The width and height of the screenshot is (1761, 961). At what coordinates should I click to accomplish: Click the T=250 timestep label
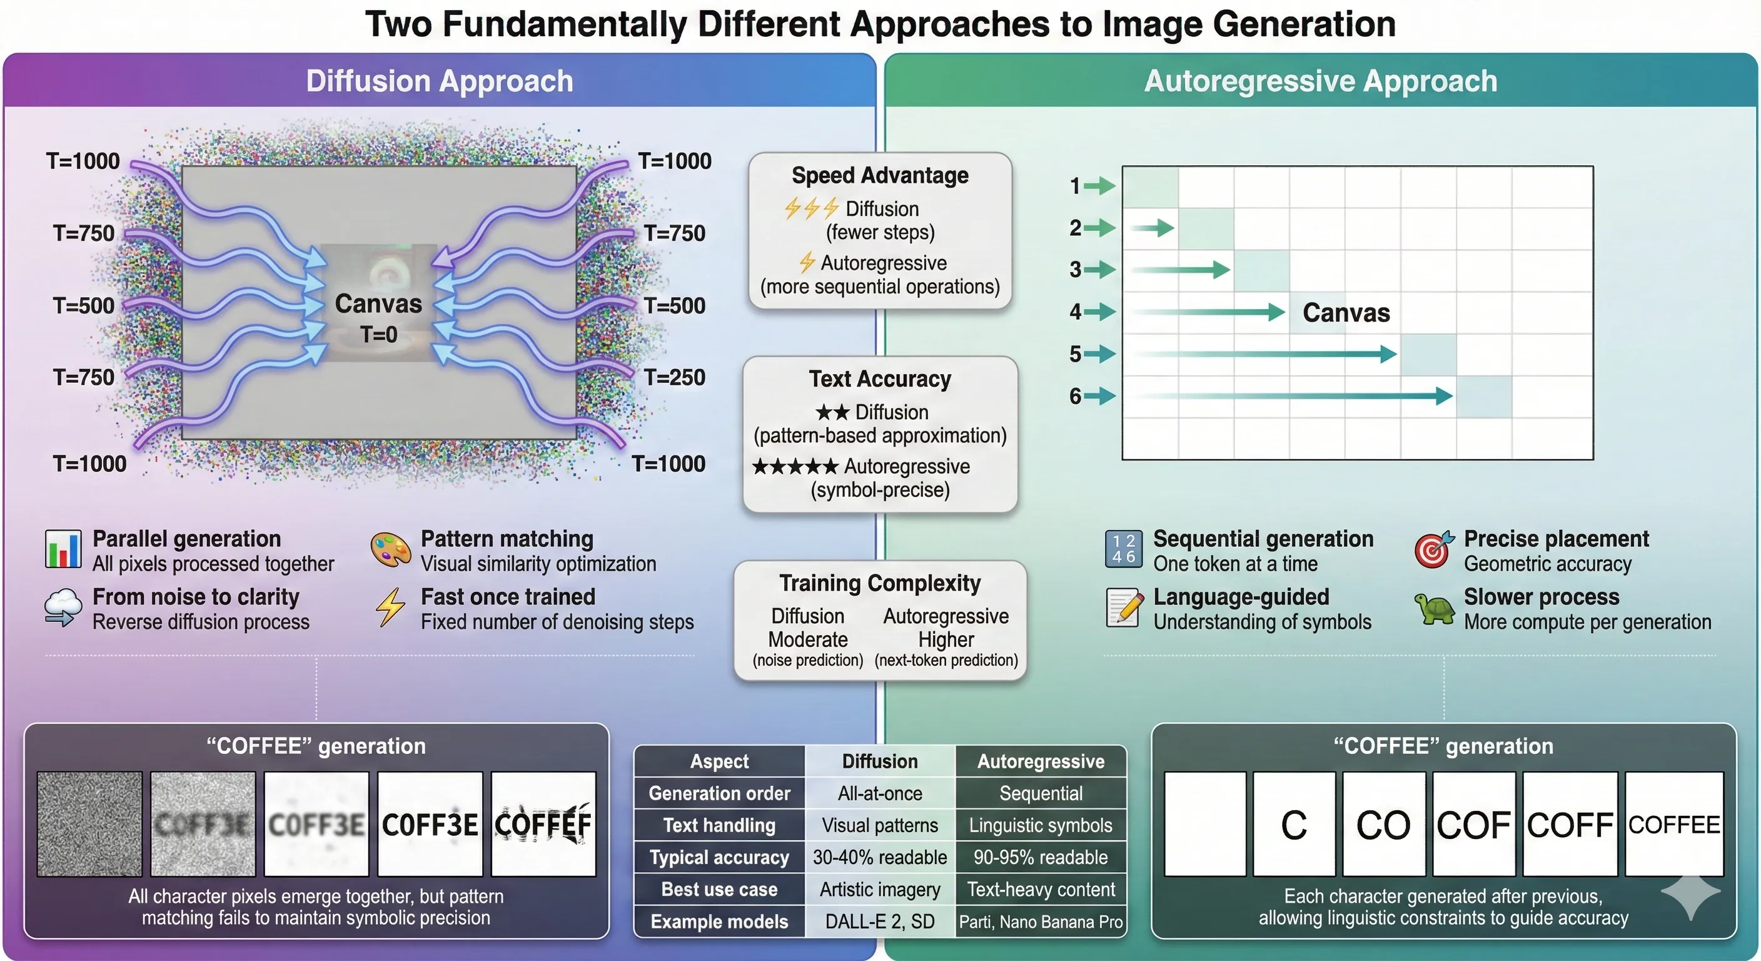point(674,377)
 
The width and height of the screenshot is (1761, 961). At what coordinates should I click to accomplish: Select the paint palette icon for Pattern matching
point(390,550)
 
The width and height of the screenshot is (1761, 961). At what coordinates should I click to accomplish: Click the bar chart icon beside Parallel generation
point(63,549)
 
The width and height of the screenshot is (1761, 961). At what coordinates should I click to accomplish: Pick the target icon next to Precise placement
point(1433,549)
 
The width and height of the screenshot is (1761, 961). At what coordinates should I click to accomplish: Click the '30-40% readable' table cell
point(879,857)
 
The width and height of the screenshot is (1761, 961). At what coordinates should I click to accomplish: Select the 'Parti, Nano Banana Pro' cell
point(1041,922)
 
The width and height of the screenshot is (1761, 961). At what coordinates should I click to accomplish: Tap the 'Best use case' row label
point(719,889)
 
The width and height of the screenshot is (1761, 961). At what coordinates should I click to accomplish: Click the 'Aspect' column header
point(719,761)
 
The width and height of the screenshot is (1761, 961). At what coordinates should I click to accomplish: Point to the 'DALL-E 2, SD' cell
point(879,922)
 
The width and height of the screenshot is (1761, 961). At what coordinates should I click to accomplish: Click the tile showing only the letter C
point(1293,824)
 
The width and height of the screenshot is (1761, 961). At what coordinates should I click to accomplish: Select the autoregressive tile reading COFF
point(1570,824)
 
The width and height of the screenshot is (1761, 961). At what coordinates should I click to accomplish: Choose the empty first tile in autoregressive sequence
point(1204,824)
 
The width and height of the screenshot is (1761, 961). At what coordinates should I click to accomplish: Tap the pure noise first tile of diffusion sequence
point(89,824)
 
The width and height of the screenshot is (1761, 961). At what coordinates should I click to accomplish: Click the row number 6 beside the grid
point(1076,396)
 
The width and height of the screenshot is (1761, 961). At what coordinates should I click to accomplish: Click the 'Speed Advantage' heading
point(880,176)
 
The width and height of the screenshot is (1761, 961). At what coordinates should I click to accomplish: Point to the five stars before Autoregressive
point(794,467)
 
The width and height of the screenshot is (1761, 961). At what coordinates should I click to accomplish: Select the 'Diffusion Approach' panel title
point(439,81)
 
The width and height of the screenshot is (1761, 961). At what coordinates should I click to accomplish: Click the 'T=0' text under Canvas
point(378,335)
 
